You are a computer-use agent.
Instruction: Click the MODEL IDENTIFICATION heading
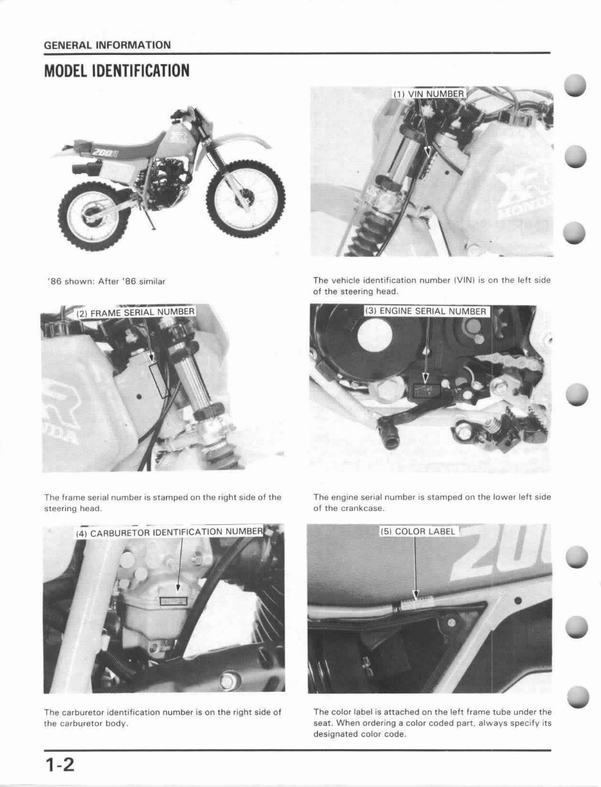(x=116, y=71)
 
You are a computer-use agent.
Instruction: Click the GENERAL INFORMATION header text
(x=107, y=45)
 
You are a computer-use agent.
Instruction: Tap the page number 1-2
(x=60, y=763)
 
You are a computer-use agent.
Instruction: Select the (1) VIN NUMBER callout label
(x=428, y=94)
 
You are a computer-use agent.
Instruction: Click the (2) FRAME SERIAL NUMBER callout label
(x=135, y=312)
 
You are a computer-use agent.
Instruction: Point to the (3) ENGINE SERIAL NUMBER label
(x=426, y=311)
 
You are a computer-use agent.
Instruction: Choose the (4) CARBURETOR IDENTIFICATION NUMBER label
(x=169, y=533)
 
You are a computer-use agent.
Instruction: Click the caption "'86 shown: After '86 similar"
(x=107, y=281)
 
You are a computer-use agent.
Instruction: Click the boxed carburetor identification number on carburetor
(x=175, y=599)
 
